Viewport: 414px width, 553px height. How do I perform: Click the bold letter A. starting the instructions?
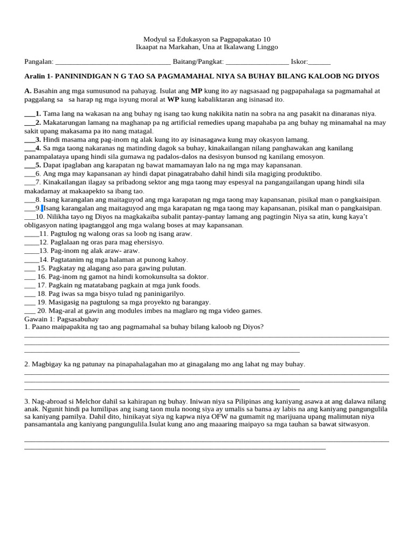(x=28, y=91)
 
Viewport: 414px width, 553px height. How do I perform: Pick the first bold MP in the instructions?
(x=196, y=91)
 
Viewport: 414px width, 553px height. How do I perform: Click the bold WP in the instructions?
(x=173, y=99)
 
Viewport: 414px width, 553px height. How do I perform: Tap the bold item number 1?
(x=38, y=113)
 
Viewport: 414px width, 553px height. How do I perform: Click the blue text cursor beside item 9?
(x=42, y=208)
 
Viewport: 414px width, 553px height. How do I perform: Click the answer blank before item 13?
(x=31, y=251)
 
